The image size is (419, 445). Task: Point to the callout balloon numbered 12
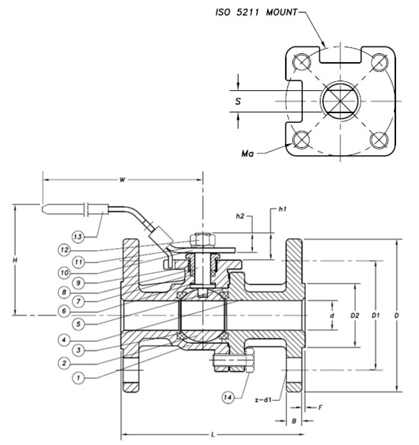(64, 250)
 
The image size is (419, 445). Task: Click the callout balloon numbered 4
(64, 340)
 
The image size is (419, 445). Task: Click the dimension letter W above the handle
(122, 180)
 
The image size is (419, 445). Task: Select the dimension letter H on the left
(15, 260)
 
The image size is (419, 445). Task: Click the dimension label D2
(355, 316)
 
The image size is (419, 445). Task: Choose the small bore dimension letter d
(332, 316)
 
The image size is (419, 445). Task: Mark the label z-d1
(263, 400)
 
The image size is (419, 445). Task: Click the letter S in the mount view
(238, 101)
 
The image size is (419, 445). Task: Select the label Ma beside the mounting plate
(248, 154)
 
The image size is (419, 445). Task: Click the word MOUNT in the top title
(282, 12)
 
